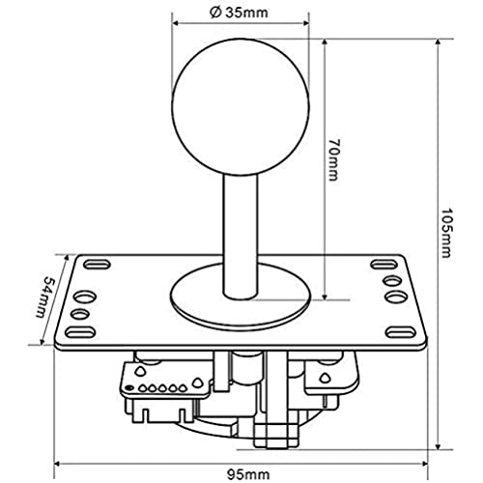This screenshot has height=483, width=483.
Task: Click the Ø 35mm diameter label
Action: [x=239, y=13]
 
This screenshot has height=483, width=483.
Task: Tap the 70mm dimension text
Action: [x=334, y=160]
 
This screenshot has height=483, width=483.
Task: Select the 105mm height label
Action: [x=446, y=233]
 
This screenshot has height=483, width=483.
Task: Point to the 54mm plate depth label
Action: [x=45, y=297]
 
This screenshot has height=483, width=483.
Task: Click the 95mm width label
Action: [x=248, y=474]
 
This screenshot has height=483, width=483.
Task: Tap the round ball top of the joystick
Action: [x=241, y=107]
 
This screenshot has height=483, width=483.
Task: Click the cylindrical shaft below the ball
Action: [x=241, y=237]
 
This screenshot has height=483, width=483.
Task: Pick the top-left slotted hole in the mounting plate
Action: [x=97, y=265]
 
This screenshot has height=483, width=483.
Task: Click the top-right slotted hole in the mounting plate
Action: [x=384, y=265]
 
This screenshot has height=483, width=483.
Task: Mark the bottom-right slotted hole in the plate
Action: [x=401, y=332]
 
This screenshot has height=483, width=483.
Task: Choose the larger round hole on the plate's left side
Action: [x=86, y=297]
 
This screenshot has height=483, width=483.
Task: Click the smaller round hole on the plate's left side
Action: [x=80, y=314]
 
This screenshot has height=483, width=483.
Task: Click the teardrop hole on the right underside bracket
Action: [x=325, y=378]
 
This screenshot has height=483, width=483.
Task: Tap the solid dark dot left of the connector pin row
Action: [x=129, y=387]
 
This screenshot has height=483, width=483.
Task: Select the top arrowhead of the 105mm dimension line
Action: [x=438, y=43]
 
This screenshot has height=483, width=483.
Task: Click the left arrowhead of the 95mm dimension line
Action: [x=57, y=464]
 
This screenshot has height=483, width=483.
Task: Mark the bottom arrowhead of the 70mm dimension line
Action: [x=325, y=296]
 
